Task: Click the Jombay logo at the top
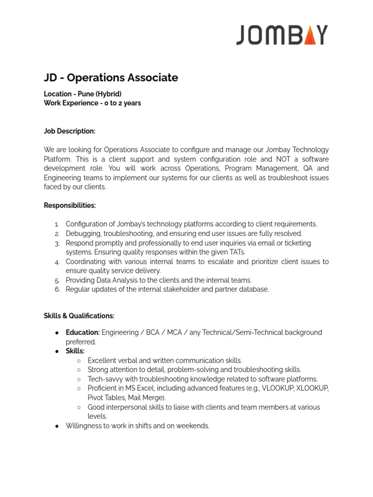coord(282,35)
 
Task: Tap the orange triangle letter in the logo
coord(308,35)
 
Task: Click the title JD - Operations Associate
coord(111,78)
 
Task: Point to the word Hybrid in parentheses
coord(109,94)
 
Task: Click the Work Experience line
coord(92,103)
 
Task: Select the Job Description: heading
coord(69,131)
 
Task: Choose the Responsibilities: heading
coord(70,205)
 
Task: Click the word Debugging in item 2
coord(83,233)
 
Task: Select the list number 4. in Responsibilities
coord(57,262)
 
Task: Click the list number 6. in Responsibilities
coord(57,290)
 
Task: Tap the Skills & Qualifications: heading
coord(79,316)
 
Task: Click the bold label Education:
coord(83,332)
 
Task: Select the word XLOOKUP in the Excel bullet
coord(312,388)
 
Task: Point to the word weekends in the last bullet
coord(192,426)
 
